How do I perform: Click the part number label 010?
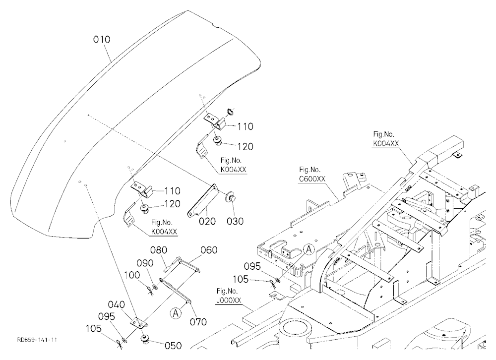coord(102,40)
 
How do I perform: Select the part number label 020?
coord(207,221)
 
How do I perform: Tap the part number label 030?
coord(235,221)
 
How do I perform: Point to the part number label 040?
coord(117,304)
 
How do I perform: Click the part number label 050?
coord(173,346)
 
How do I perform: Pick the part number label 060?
coord(209,250)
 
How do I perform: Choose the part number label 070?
coord(198,322)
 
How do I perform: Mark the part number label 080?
coord(159,250)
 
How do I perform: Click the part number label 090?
coord(145,263)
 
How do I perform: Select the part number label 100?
coord(131,275)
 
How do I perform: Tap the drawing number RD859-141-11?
coord(37,340)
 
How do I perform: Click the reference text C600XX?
coord(312,179)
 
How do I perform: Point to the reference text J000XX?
coord(229,300)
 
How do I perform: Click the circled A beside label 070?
coord(176,313)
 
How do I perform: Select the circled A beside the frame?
coord(309,249)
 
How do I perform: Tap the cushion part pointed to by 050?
coord(145,340)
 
